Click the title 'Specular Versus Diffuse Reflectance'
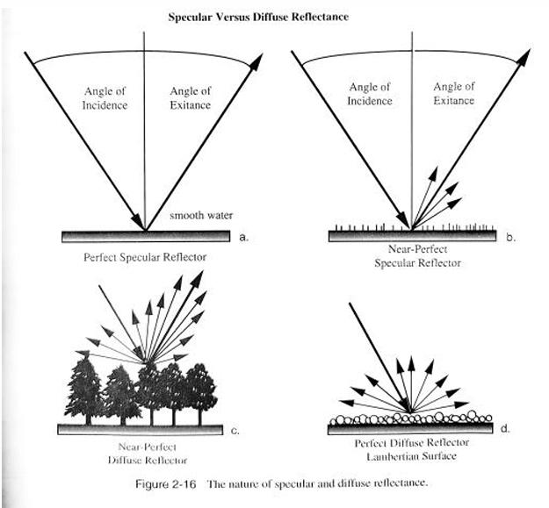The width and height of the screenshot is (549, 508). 273,17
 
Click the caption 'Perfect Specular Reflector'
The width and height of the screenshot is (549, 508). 145,260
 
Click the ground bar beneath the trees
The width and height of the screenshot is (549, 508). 146,429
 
